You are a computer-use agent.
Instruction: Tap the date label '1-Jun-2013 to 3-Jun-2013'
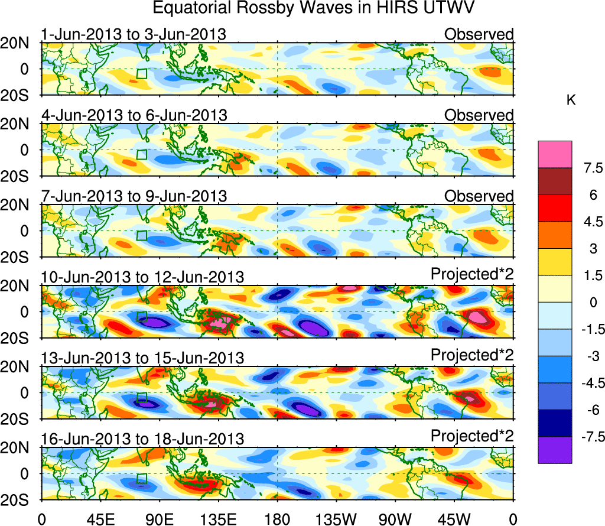coord(134,34)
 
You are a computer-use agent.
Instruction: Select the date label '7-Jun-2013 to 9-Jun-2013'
coord(134,196)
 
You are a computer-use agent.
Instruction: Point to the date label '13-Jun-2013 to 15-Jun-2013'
coord(142,358)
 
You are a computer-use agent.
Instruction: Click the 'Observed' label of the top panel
coord(479,34)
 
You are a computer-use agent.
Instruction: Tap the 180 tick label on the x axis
coord(277,518)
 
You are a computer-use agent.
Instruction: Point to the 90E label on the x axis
coord(159,518)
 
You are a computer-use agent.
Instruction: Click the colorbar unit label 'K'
coord(571,100)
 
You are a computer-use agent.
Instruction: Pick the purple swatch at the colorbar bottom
coord(555,450)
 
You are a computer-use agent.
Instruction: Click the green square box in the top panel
coord(141,73)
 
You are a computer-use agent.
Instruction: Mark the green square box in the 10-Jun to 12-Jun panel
coord(141,316)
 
